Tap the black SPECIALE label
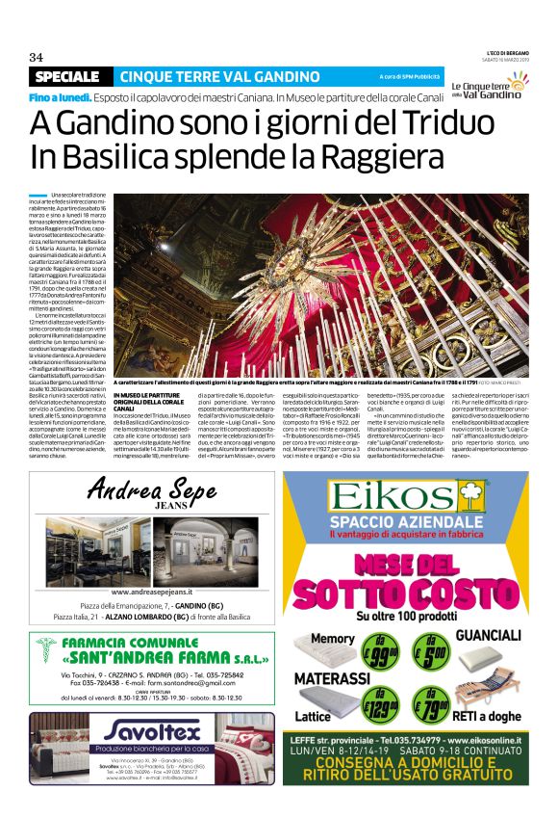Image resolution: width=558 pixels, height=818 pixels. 65,76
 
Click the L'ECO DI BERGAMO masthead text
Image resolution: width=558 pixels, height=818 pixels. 500,51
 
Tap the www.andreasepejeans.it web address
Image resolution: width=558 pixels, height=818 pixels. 151,592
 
